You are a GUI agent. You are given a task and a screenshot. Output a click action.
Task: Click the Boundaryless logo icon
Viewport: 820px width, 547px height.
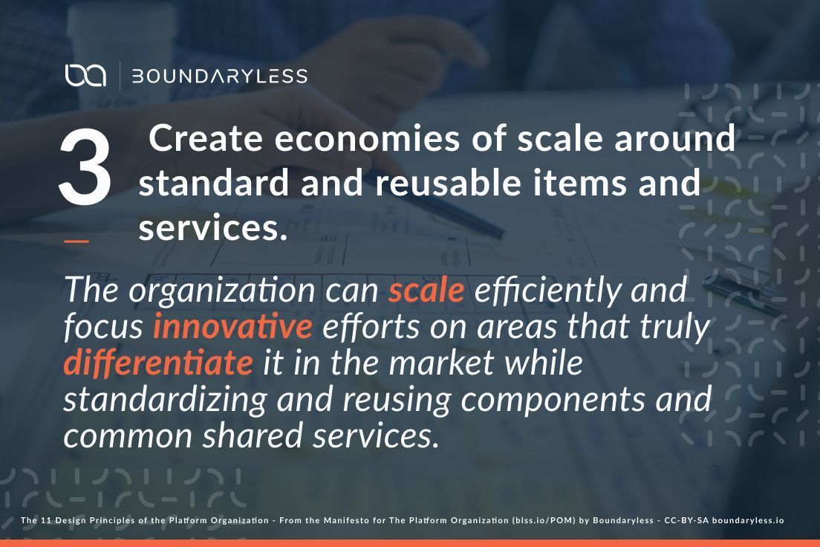[x=85, y=75]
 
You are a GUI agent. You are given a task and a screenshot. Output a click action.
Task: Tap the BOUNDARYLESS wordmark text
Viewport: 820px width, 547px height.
[x=219, y=76]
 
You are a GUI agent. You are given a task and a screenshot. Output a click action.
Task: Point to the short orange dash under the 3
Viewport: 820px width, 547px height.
[x=77, y=240]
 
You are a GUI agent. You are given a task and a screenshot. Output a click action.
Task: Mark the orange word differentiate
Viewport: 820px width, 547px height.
[x=158, y=363]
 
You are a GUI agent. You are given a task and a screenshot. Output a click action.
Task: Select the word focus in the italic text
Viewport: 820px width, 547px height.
[x=103, y=327]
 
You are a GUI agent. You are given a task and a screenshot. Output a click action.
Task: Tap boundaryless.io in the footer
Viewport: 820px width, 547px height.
[x=748, y=520]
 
